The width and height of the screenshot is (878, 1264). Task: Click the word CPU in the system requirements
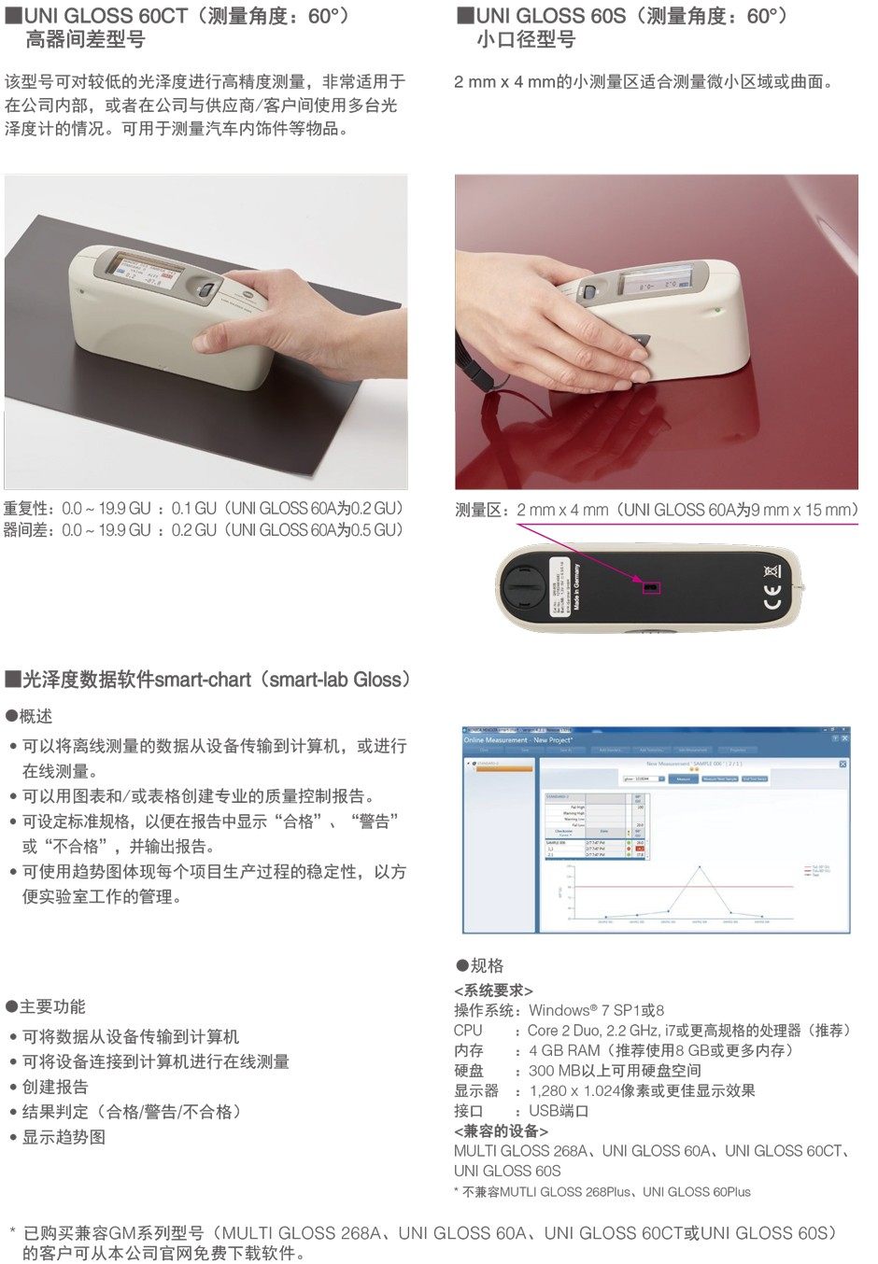(x=468, y=1031)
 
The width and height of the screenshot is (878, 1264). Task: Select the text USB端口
(x=559, y=1111)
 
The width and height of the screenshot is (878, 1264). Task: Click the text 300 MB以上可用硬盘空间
(x=615, y=1071)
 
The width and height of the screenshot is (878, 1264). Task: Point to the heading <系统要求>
(x=493, y=990)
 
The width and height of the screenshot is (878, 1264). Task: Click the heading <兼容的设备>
(x=501, y=1131)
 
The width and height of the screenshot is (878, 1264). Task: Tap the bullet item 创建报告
(x=55, y=1087)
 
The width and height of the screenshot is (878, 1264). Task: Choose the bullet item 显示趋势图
(x=64, y=1137)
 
